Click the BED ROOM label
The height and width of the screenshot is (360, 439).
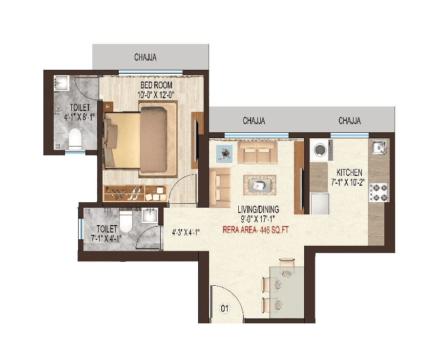[156, 85]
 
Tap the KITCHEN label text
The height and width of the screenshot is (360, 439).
[350, 172]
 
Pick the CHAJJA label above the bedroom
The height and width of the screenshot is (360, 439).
[146, 58]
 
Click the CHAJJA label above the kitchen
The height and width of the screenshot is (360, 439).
[350, 121]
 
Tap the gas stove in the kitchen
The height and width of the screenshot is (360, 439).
[379, 191]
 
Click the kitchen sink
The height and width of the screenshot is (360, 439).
[378, 146]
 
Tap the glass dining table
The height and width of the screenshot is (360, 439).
[287, 288]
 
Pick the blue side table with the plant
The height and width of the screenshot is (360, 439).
[225, 155]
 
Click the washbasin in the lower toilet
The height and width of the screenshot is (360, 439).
[149, 215]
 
